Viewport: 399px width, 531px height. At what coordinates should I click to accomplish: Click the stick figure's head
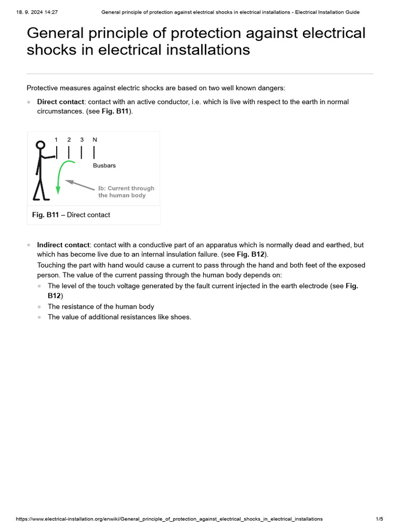pos(41,146)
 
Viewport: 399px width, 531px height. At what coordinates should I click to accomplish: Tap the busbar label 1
pos(56,139)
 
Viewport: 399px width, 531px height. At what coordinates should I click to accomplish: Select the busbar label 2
pos(69,139)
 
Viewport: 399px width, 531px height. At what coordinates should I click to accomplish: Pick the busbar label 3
pos(82,139)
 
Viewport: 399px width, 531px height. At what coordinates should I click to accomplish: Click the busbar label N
pos(94,139)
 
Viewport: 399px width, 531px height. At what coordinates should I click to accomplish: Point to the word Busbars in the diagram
pos(104,165)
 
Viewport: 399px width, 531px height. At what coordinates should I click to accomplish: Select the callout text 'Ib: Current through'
pos(126,188)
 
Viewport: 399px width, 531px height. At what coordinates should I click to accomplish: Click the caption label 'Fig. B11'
pos(45,215)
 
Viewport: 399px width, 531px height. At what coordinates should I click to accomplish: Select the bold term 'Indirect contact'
pos(63,244)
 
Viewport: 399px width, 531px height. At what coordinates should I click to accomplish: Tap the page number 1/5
pos(379,519)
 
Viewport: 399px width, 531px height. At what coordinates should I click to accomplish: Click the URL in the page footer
pos(169,519)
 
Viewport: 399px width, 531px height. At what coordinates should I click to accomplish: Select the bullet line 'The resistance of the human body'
pos(101,306)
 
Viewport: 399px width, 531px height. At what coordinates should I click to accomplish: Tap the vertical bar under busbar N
pos(94,152)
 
